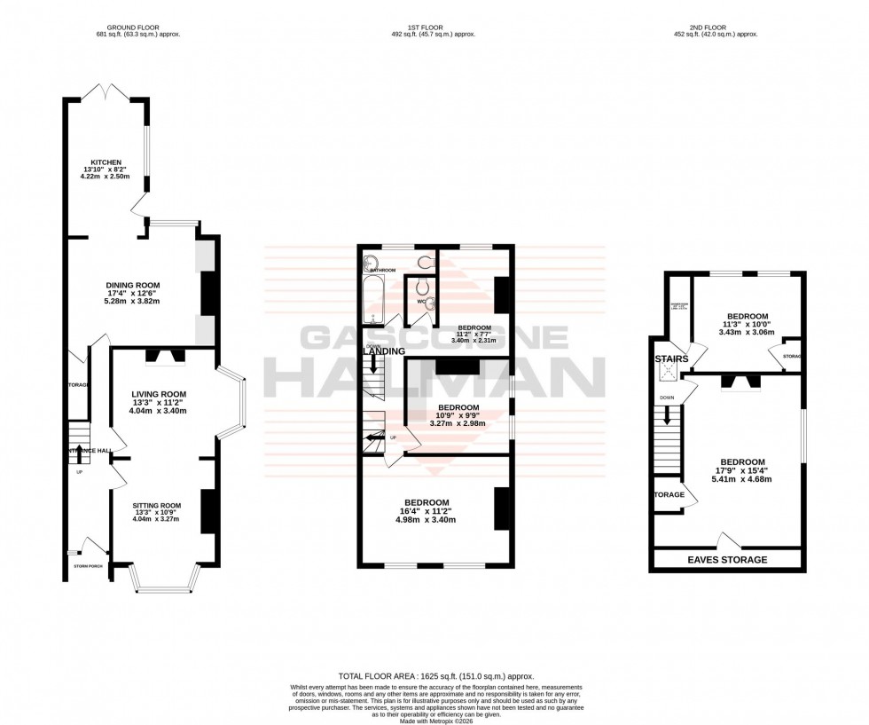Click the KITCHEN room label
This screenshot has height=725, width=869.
[106, 162]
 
